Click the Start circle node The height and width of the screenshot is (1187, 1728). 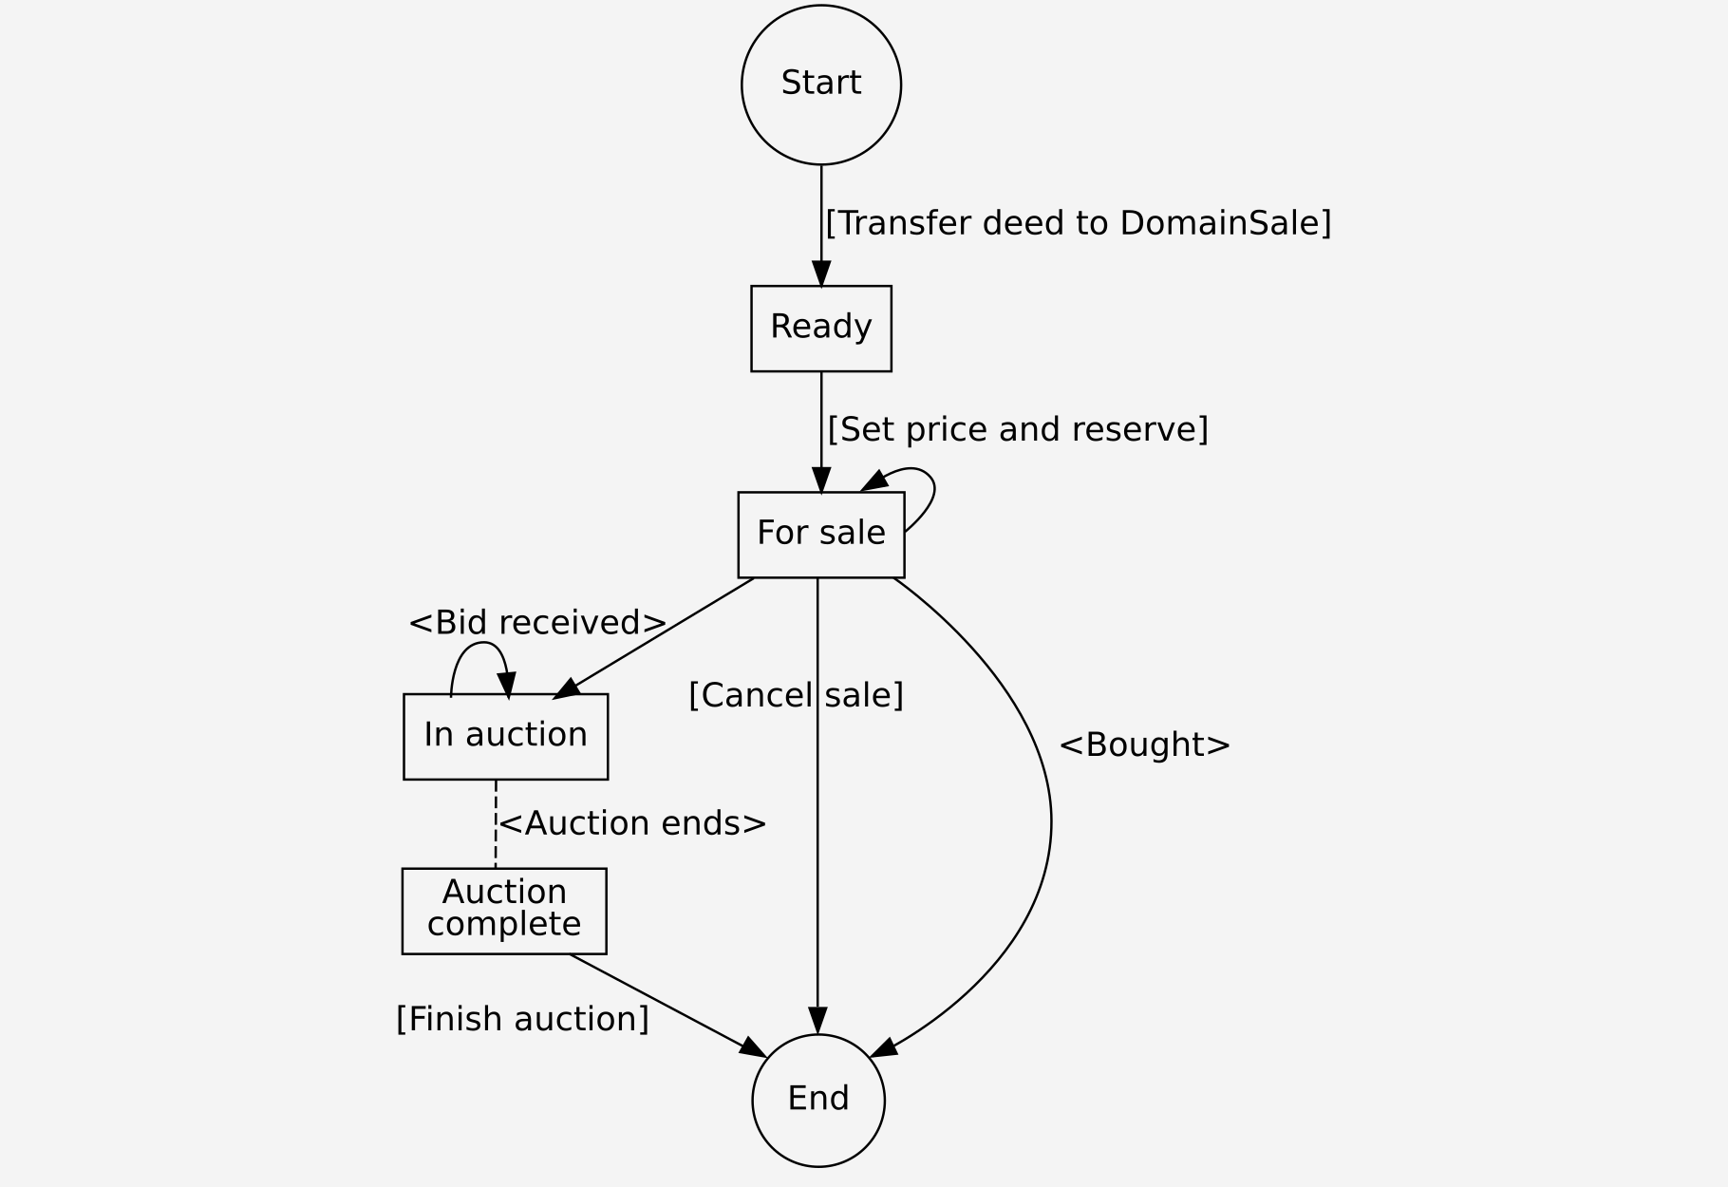click(x=820, y=85)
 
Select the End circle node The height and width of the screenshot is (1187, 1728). click(x=817, y=1100)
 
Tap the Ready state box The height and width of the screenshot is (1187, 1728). click(x=820, y=328)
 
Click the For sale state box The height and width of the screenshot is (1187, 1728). click(x=820, y=534)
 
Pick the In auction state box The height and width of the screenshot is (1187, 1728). click(x=505, y=736)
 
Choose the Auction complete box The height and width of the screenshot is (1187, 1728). click(x=504, y=910)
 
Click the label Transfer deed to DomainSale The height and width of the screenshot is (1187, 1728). click(x=1078, y=223)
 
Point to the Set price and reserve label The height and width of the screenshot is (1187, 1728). click(x=1017, y=429)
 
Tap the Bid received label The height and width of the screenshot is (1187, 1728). click(x=537, y=623)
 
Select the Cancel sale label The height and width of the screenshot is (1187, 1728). click(x=796, y=695)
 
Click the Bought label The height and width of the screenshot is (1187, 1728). click(x=1144, y=744)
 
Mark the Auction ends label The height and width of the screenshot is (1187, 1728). click(x=632, y=823)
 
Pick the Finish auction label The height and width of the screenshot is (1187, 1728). click(x=522, y=1019)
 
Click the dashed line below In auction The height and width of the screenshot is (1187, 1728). click(x=496, y=823)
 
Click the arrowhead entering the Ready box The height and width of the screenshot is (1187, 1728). click(x=821, y=274)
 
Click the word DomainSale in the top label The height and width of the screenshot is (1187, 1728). click(x=1226, y=223)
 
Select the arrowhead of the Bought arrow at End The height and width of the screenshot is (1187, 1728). click(x=884, y=1047)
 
